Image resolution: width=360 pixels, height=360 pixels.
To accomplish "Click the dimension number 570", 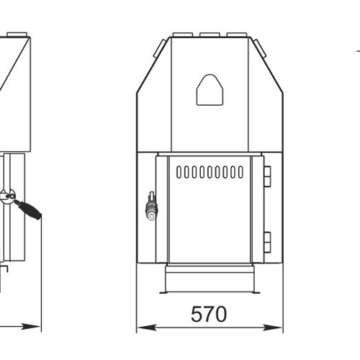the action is point(209,314).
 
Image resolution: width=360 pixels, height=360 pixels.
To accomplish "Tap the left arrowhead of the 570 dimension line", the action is point(146,328).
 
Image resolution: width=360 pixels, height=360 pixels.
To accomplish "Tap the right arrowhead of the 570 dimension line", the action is point(273,328).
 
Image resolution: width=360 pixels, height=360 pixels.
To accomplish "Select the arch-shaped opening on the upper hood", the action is point(210,90).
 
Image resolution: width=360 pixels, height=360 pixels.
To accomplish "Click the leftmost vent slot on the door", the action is point(179,172).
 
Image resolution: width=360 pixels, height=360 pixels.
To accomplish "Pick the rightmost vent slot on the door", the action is point(240,172).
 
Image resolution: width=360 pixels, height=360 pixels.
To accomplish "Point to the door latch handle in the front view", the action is point(151,206).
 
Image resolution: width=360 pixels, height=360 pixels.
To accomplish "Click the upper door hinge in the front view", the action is point(267,176).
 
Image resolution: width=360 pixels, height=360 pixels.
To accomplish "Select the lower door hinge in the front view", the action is point(267,242).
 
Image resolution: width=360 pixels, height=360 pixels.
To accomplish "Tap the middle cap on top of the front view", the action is point(210,35).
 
